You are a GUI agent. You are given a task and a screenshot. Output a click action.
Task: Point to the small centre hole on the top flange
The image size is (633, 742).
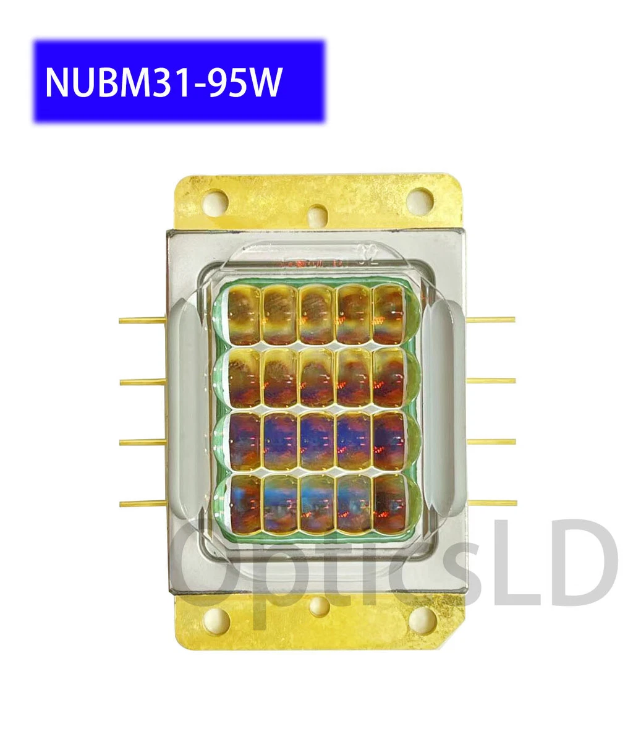click(x=318, y=215)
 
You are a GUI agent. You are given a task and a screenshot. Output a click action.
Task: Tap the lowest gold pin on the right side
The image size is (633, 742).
click(x=491, y=502)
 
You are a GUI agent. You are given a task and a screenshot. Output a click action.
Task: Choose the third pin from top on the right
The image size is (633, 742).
click(x=491, y=441)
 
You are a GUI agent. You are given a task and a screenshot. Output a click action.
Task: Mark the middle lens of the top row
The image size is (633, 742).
click(x=317, y=314)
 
